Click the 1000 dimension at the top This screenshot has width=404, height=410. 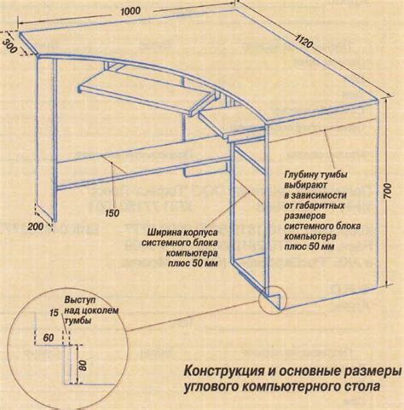(x=130, y=11)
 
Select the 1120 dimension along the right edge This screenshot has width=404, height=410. (x=303, y=41)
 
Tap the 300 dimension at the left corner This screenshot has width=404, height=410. (x=10, y=45)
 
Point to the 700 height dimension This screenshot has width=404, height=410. (x=389, y=191)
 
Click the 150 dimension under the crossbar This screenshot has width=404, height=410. (x=113, y=213)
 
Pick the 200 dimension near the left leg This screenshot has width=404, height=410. (x=36, y=227)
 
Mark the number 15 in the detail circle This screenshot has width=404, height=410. (x=54, y=313)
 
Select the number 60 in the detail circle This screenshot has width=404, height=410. (x=49, y=338)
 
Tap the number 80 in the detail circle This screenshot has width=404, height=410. (x=83, y=365)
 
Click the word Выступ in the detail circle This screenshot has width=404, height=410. (x=80, y=300)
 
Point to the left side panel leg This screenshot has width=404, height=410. (x=46, y=136)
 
